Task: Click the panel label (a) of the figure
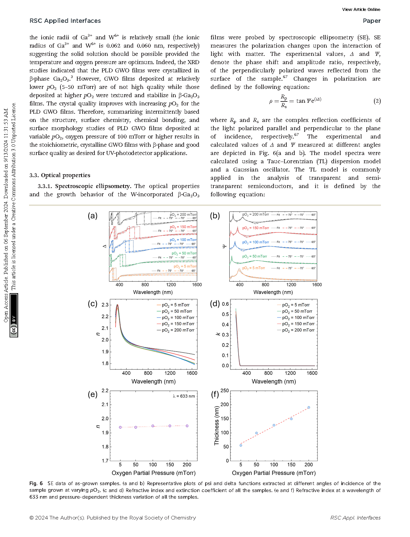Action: (x=93, y=216)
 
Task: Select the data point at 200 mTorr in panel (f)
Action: (x=309, y=407)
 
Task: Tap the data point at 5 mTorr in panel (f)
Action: (x=241, y=445)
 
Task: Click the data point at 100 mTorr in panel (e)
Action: (x=153, y=426)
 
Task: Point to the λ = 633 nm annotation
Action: (x=184, y=396)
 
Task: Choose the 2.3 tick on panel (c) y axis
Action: (x=105, y=305)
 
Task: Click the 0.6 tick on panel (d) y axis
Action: (x=225, y=304)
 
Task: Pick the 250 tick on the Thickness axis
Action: (x=225, y=391)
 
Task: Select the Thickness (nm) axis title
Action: (x=217, y=426)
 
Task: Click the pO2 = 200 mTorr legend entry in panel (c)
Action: (x=178, y=330)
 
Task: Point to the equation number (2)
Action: (x=377, y=101)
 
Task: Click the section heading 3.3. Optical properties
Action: (x=60, y=175)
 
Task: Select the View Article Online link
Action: (x=361, y=9)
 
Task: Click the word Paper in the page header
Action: (x=372, y=21)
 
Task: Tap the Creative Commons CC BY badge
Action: (x=14, y=316)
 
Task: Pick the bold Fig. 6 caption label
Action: (x=36, y=483)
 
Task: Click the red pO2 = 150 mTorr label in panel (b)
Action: (x=255, y=228)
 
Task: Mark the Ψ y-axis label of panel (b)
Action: (x=224, y=246)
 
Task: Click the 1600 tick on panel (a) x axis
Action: (x=197, y=285)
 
